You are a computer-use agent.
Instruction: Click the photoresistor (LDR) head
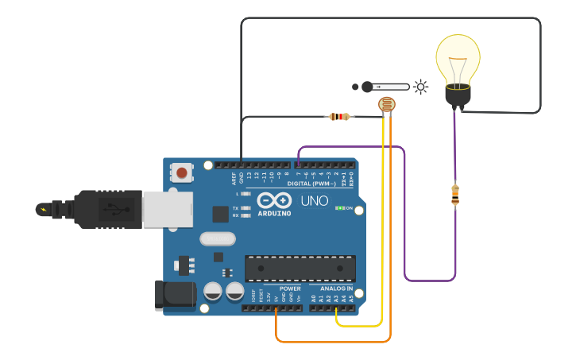click(386, 105)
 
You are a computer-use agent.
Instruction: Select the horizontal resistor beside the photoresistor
click(340, 117)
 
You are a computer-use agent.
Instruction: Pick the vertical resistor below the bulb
click(454, 194)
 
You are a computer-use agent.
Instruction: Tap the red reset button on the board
click(183, 172)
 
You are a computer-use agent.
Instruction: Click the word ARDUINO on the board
click(274, 213)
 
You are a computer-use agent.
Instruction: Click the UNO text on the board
click(315, 200)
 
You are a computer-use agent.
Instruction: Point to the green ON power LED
click(340, 208)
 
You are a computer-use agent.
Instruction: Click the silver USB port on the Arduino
click(167, 208)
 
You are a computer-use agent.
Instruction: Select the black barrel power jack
click(175, 294)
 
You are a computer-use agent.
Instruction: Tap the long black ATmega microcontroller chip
click(300, 268)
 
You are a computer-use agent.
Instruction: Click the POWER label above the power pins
click(290, 288)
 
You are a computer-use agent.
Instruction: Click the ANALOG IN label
click(336, 288)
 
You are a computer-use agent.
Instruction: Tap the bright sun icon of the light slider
click(420, 87)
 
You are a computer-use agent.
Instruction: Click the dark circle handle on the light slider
click(366, 87)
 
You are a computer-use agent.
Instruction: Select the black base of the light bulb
click(458, 96)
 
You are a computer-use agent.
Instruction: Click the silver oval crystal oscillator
click(218, 238)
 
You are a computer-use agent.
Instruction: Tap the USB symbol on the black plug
click(118, 210)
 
